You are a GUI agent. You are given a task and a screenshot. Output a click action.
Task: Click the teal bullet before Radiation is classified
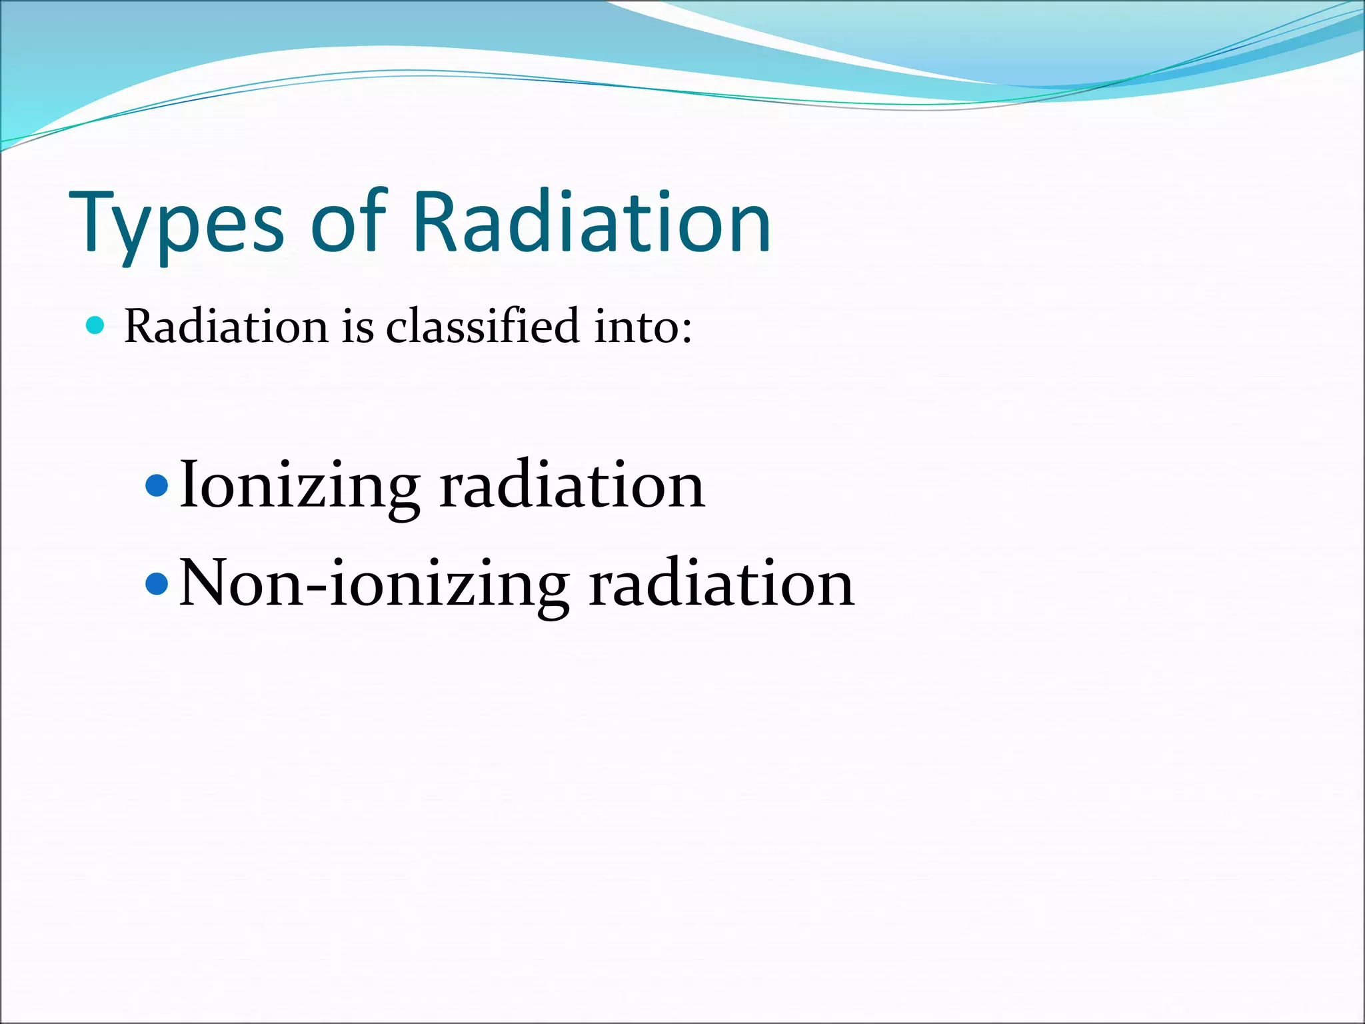(x=96, y=325)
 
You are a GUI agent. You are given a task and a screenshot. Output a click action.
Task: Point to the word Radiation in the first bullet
(x=226, y=327)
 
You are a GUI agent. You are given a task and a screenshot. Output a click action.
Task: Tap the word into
(x=636, y=327)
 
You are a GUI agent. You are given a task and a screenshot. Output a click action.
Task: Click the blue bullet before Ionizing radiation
(x=157, y=485)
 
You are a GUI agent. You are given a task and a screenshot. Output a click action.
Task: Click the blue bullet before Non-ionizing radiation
(x=157, y=584)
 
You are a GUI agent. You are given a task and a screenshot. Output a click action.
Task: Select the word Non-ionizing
(x=374, y=585)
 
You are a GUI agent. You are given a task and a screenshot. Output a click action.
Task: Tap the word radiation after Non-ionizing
(x=721, y=584)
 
